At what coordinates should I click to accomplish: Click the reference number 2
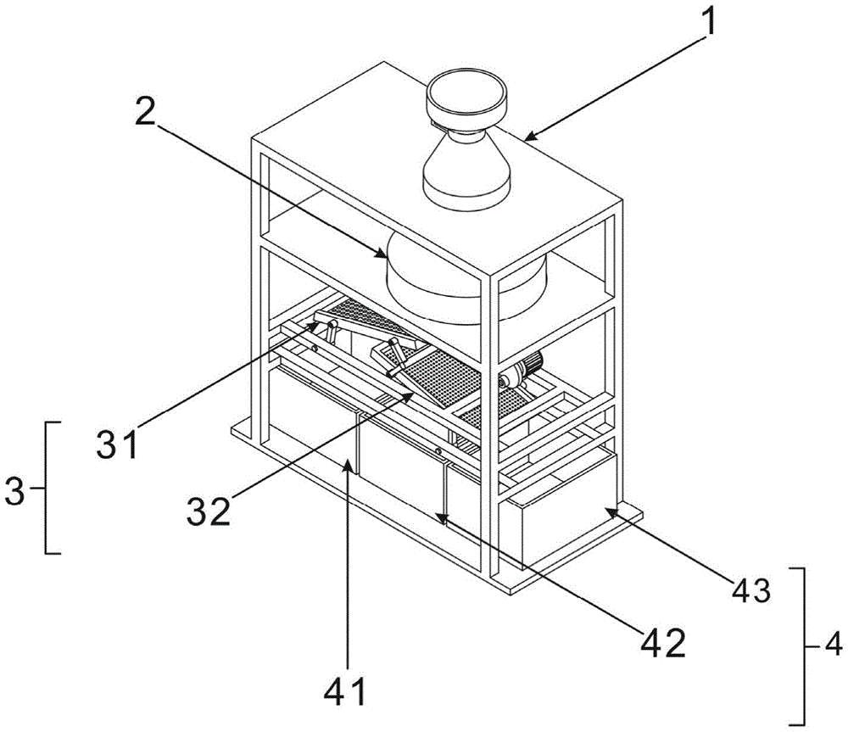(144, 105)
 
